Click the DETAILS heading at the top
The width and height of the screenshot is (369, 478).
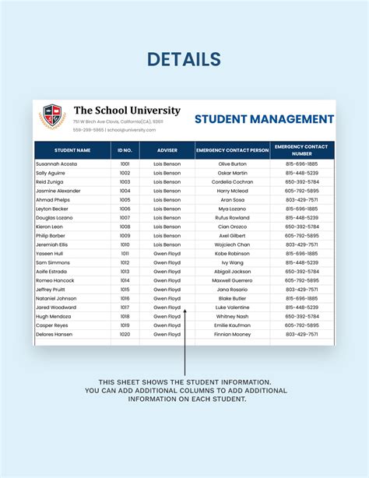coord(184,59)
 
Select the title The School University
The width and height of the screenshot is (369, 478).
coord(127,111)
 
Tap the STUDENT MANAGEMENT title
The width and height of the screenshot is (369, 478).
coord(264,119)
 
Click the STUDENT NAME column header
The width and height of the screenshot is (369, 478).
coord(72,149)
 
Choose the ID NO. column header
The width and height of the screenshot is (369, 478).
coord(125,149)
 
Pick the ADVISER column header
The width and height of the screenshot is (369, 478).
coord(167,149)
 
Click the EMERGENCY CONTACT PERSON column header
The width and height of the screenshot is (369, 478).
coord(232,149)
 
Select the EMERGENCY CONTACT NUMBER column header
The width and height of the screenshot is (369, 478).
coord(301,149)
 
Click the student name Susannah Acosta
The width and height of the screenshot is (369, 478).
coord(56,164)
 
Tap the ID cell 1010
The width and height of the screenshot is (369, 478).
coord(125,244)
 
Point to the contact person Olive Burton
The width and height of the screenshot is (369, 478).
coord(232,164)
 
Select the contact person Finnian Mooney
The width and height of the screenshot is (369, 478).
coord(232,334)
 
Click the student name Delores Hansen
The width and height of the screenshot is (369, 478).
coord(54,334)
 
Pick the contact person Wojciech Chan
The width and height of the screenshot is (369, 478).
coord(232,244)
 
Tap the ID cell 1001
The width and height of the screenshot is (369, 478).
coord(125,164)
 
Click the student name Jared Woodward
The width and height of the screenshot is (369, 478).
coord(56,308)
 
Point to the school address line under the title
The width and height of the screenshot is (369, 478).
coord(118,121)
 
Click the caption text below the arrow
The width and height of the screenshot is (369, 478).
coord(184,391)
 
